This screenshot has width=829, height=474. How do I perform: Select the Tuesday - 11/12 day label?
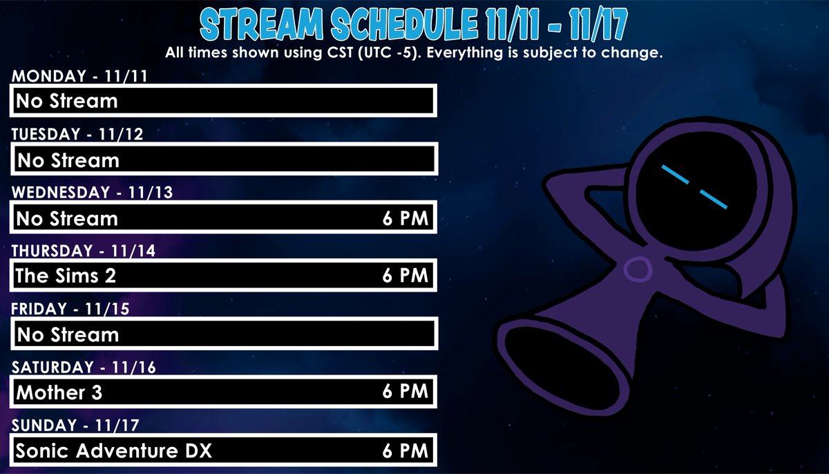pos(77,134)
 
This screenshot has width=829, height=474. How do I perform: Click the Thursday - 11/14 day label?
pos(83,250)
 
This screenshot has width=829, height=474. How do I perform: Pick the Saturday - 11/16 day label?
pos(84,367)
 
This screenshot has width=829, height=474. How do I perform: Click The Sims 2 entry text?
pos(66,276)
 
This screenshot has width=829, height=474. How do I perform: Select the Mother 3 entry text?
pos(59,392)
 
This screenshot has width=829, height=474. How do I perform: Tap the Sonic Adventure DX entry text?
pos(113,451)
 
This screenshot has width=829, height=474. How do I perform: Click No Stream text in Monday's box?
pos(67,102)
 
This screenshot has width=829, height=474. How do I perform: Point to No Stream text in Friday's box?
pos(68,335)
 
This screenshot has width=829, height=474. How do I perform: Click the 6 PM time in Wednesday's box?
pos(406,218)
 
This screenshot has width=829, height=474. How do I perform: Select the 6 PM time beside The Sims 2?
pos(406,276)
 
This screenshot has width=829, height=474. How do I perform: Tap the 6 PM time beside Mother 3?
pos(406,392)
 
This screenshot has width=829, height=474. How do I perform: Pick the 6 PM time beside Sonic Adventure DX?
pos(406,451)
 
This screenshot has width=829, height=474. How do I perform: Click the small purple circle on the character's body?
pos(636,269)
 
